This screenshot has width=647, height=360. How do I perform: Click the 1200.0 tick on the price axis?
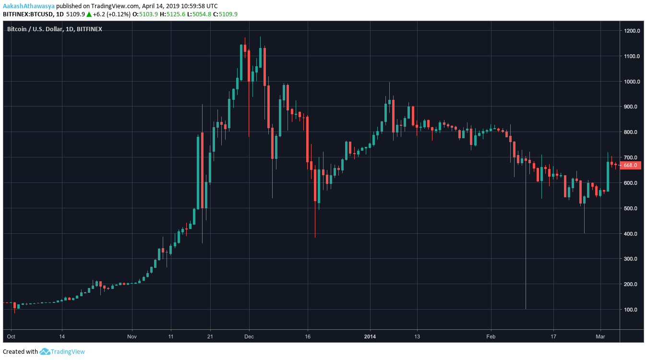pos(632,31)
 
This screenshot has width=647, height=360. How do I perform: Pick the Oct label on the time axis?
pos(12,336)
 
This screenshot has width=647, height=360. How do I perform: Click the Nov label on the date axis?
pos(133,336)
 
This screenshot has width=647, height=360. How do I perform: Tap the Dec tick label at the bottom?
pos(249,336)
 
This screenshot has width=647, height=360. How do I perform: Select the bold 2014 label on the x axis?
pos(370,336)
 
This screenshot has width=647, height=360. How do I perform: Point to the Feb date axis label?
pos(491,336)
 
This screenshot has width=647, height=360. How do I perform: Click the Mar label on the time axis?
pos(600,336)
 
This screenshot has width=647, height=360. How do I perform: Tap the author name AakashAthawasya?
pos(28,6)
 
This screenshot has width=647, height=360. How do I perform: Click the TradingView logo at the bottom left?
pos(62,351)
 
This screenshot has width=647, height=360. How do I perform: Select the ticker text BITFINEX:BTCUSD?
pos(27,14)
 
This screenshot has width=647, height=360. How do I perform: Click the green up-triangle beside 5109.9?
pos(89,14)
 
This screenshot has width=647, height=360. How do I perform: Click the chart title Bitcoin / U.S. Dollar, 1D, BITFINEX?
pos(54,29)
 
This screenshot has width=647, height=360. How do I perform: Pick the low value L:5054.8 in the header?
pos(201,14)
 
